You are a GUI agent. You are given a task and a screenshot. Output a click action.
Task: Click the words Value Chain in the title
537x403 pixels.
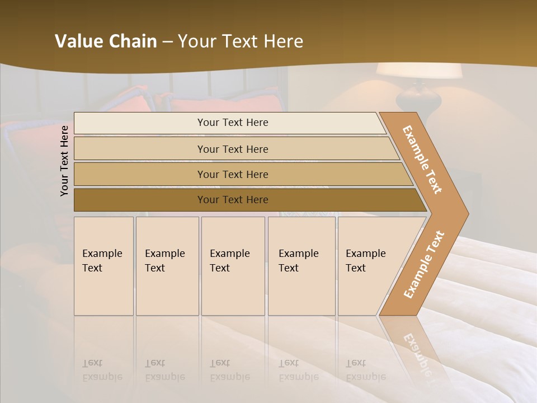coord(106,41)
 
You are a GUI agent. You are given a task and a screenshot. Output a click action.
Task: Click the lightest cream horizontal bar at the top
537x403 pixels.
coord(140,123)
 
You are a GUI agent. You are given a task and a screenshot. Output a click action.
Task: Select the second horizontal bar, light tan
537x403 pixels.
coord(140,149)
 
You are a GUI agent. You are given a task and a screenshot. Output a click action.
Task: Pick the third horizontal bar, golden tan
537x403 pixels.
coord(140,174)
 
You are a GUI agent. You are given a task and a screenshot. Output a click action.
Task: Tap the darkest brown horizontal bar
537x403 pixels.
coord(140,200)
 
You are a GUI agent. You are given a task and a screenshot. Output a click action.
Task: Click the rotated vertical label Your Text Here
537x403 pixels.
coord(64,161)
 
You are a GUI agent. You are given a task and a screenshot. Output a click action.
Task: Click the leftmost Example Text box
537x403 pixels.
coord(103,266)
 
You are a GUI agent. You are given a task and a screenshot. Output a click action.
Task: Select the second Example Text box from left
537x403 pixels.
coord(167,266)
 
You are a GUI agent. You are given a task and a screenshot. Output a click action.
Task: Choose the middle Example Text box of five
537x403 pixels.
coord(233,266)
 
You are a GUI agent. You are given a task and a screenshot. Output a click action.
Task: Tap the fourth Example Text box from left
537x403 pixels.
coord(302,266)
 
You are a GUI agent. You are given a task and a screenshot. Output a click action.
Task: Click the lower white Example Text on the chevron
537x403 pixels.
coord(423,265)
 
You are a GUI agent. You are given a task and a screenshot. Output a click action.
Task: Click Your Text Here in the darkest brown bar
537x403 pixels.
coord(233,200)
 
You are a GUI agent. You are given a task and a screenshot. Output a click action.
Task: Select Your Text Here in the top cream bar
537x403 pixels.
coord(233,123)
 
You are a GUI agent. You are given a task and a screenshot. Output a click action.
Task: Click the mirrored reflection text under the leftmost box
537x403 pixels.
coord(102,370)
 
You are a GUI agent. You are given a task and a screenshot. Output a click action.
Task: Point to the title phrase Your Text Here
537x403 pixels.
coord(241,41)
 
